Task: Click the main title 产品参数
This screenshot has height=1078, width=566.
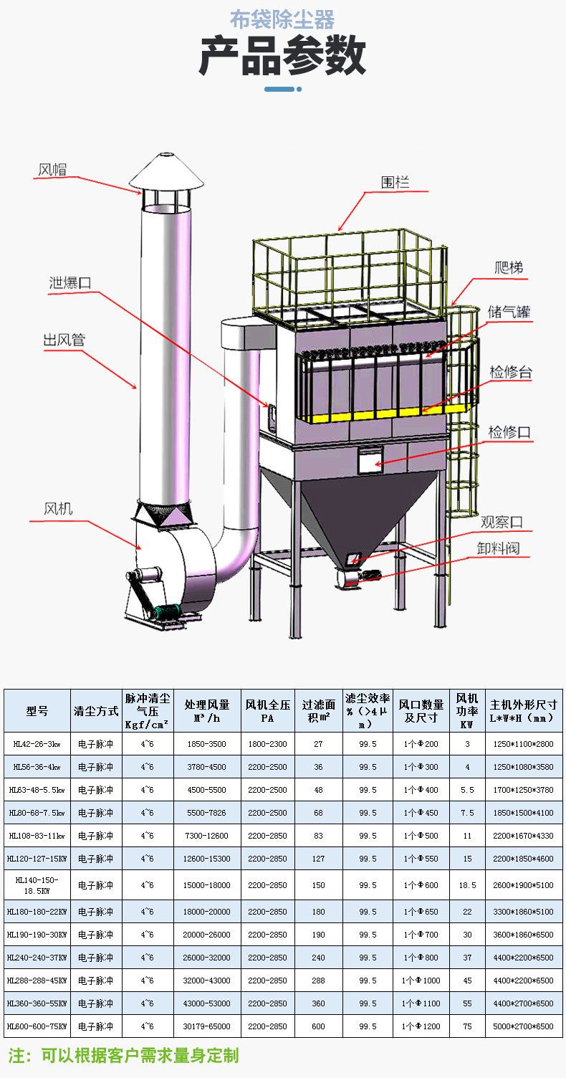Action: [x=282, y=57]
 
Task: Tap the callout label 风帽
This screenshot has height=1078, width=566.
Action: [x=52, y=170]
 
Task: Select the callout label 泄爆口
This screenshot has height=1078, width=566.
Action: [x=70, y=282]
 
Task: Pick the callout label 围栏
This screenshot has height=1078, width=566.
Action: [x=395, y=183]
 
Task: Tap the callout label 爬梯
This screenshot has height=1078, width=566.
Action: [x=509, y=268]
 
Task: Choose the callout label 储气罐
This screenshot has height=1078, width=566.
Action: [x=509, y=313]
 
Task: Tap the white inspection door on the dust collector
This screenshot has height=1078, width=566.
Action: [x=370, y=459]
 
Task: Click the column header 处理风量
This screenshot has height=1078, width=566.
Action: [x=207, y=710]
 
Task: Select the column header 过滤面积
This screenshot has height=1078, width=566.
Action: [x=318, y=710]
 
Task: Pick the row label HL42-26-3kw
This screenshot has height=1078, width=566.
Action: [x=37, y=744]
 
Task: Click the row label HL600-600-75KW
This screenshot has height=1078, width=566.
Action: [x=37, y=1026]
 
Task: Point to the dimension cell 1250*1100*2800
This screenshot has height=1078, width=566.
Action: [x=524, y=744]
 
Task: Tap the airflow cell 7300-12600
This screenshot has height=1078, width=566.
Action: [x=207, y=836]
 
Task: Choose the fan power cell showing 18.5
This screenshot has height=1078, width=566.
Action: [x=468, y=885]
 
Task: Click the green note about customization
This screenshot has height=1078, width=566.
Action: [x=123, y=1055]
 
